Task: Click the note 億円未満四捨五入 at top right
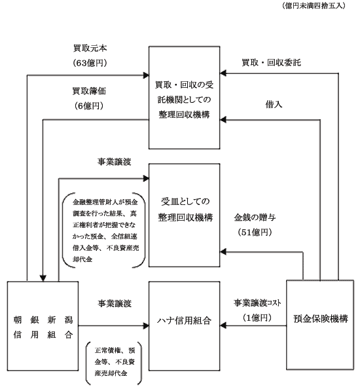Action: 314,6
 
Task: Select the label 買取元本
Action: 90,48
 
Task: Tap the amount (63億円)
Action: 90,63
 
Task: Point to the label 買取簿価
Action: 89,91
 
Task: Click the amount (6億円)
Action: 89,106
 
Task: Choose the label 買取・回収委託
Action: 271,62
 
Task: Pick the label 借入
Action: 274,104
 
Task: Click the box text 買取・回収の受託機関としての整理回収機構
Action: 184,100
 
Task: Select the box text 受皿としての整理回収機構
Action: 185,210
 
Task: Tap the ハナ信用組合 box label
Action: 184,321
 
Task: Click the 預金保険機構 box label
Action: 321,319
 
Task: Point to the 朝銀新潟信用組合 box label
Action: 43,327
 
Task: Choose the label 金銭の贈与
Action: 255,217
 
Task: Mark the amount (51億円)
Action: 255,232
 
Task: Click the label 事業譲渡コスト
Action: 257,303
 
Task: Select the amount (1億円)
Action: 257,318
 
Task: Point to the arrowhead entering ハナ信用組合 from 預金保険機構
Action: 223,325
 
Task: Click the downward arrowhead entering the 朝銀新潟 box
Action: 43,278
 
